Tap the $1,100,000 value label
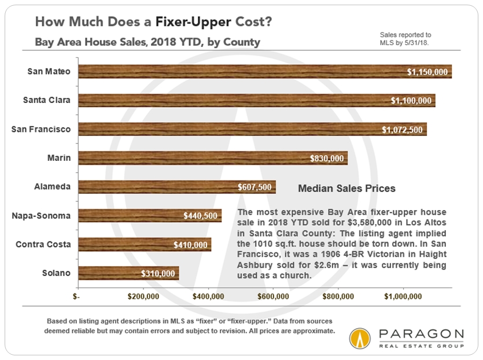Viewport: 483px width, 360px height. coord(411,101)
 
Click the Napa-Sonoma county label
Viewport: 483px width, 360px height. coord(41,216)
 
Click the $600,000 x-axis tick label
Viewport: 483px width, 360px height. coord(272,297)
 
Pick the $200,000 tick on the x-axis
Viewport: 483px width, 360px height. coord(143,297)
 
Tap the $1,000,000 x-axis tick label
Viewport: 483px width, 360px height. coord(403,297)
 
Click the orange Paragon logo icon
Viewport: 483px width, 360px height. coord(360,340)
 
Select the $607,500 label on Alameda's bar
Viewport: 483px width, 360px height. coord(255,187)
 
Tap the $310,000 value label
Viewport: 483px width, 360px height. coord(158,273)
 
